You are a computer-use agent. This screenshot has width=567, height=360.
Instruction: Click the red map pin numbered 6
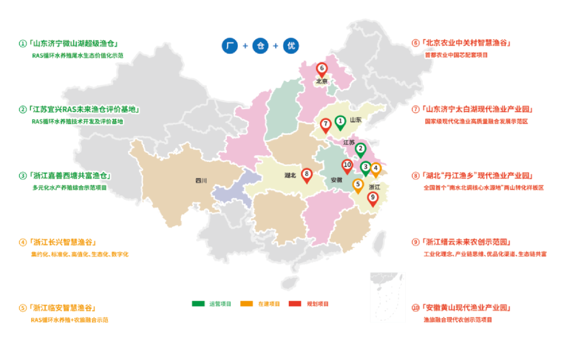tap(321, 69)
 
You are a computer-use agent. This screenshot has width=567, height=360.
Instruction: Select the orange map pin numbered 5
tap(358, 185)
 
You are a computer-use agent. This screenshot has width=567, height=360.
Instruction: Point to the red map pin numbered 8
tap(307, 175)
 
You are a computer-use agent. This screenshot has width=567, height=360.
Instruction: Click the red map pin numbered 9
tap(373, 198)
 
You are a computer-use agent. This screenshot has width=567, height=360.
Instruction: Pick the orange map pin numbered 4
tap(376, 170)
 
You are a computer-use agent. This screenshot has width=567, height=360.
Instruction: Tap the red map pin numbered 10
tap(346, 165)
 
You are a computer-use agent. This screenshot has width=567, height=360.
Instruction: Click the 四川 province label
tap(201, 181)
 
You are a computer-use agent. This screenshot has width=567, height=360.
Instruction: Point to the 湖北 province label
tap(290, 175)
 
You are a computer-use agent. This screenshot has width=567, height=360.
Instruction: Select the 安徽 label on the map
tap(336, 180)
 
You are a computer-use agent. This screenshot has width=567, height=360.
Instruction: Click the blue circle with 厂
tap(229, 46)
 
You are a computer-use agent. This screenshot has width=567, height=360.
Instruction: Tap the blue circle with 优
tap(290, 46)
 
